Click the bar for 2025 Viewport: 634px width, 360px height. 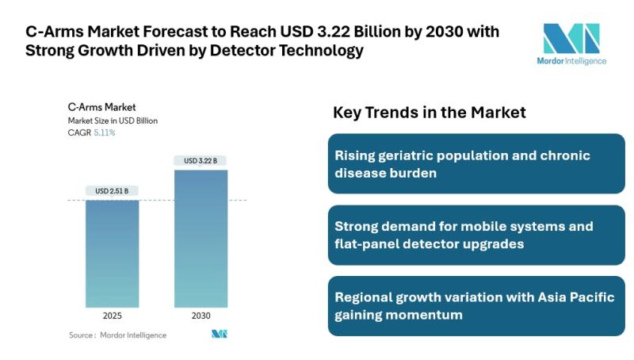coord(112,253)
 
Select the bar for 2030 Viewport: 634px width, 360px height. coord(201,238)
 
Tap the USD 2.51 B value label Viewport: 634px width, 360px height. coord(112,190)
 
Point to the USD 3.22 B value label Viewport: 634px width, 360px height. coord(201,161)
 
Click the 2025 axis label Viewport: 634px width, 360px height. coord(112,316)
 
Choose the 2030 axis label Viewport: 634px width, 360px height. coord(201,316)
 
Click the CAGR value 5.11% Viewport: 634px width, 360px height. coord(105,133)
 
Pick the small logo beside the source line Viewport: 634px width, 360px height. coord(220,334)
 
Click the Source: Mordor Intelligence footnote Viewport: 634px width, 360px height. coord(117,335)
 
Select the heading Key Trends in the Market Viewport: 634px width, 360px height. coord(429,113)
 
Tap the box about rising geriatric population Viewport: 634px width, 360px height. coord(476,163)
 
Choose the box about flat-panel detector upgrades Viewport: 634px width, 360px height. coord(476,235)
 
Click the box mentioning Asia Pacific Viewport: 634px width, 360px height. coord(476,306)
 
